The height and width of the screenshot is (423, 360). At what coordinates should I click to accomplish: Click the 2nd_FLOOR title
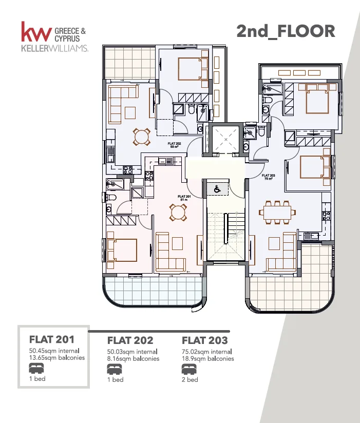[x=286, y=31]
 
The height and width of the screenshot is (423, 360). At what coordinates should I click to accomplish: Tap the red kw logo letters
[x=36, y=32]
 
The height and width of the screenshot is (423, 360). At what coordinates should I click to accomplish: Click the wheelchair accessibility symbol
[x=217, y=189]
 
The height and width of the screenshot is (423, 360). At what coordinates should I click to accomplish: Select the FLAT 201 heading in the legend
[x=52, y=339]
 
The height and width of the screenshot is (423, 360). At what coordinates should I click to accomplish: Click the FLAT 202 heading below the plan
[x=130, y=340]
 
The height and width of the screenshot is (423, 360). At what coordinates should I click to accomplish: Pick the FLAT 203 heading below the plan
[x=205, y=340]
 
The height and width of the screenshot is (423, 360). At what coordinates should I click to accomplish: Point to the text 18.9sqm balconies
[x=208, y=359]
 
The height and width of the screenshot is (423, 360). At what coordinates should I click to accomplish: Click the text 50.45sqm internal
[x=54, y=351]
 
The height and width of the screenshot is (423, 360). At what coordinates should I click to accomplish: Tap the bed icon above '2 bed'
[x=189, y=369]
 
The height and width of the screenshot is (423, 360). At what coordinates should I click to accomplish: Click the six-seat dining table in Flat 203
[x=277, y=213]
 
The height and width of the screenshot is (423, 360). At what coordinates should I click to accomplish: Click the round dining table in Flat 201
[x=178, y=213]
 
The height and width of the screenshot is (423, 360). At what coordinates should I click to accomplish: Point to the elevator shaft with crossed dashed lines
[x=226, y=140]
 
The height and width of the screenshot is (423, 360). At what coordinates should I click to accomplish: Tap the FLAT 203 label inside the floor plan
[x=268, y=177]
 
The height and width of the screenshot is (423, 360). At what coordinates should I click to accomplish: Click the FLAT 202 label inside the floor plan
[x=174, y=145]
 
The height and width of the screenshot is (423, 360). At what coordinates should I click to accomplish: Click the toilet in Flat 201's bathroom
[x=111, y=198]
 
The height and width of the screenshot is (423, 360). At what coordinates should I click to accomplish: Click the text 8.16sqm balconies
[x=134, y=359]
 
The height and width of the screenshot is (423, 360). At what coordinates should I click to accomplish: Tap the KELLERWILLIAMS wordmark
[x=54, y=48]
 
